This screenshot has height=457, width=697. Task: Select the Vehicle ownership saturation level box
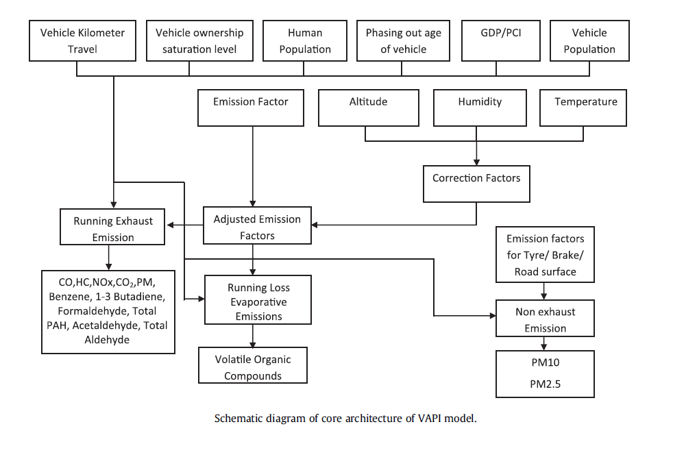tap(199, 41)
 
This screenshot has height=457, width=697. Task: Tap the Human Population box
tap(304, 41)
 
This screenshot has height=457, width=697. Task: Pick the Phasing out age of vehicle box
tap(403, 41)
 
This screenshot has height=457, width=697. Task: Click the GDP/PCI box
tap(500, 41)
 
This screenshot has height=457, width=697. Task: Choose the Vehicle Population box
tap(589, 41)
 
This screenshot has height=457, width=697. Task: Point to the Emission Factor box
tap(250, 108)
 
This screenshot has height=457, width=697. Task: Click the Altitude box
tap(368, 108)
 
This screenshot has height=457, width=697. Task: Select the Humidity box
tap(479, 108)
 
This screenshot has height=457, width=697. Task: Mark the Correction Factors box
tap(476, 183)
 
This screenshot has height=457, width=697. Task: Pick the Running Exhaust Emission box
tap(113, 229)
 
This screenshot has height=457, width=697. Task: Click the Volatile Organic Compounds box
tap(253, 367)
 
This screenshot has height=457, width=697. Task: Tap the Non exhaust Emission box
tap(545, 320)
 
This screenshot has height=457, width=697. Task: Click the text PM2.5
tap(545, 384)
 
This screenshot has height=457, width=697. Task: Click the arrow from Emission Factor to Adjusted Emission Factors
tap(253, 164)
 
